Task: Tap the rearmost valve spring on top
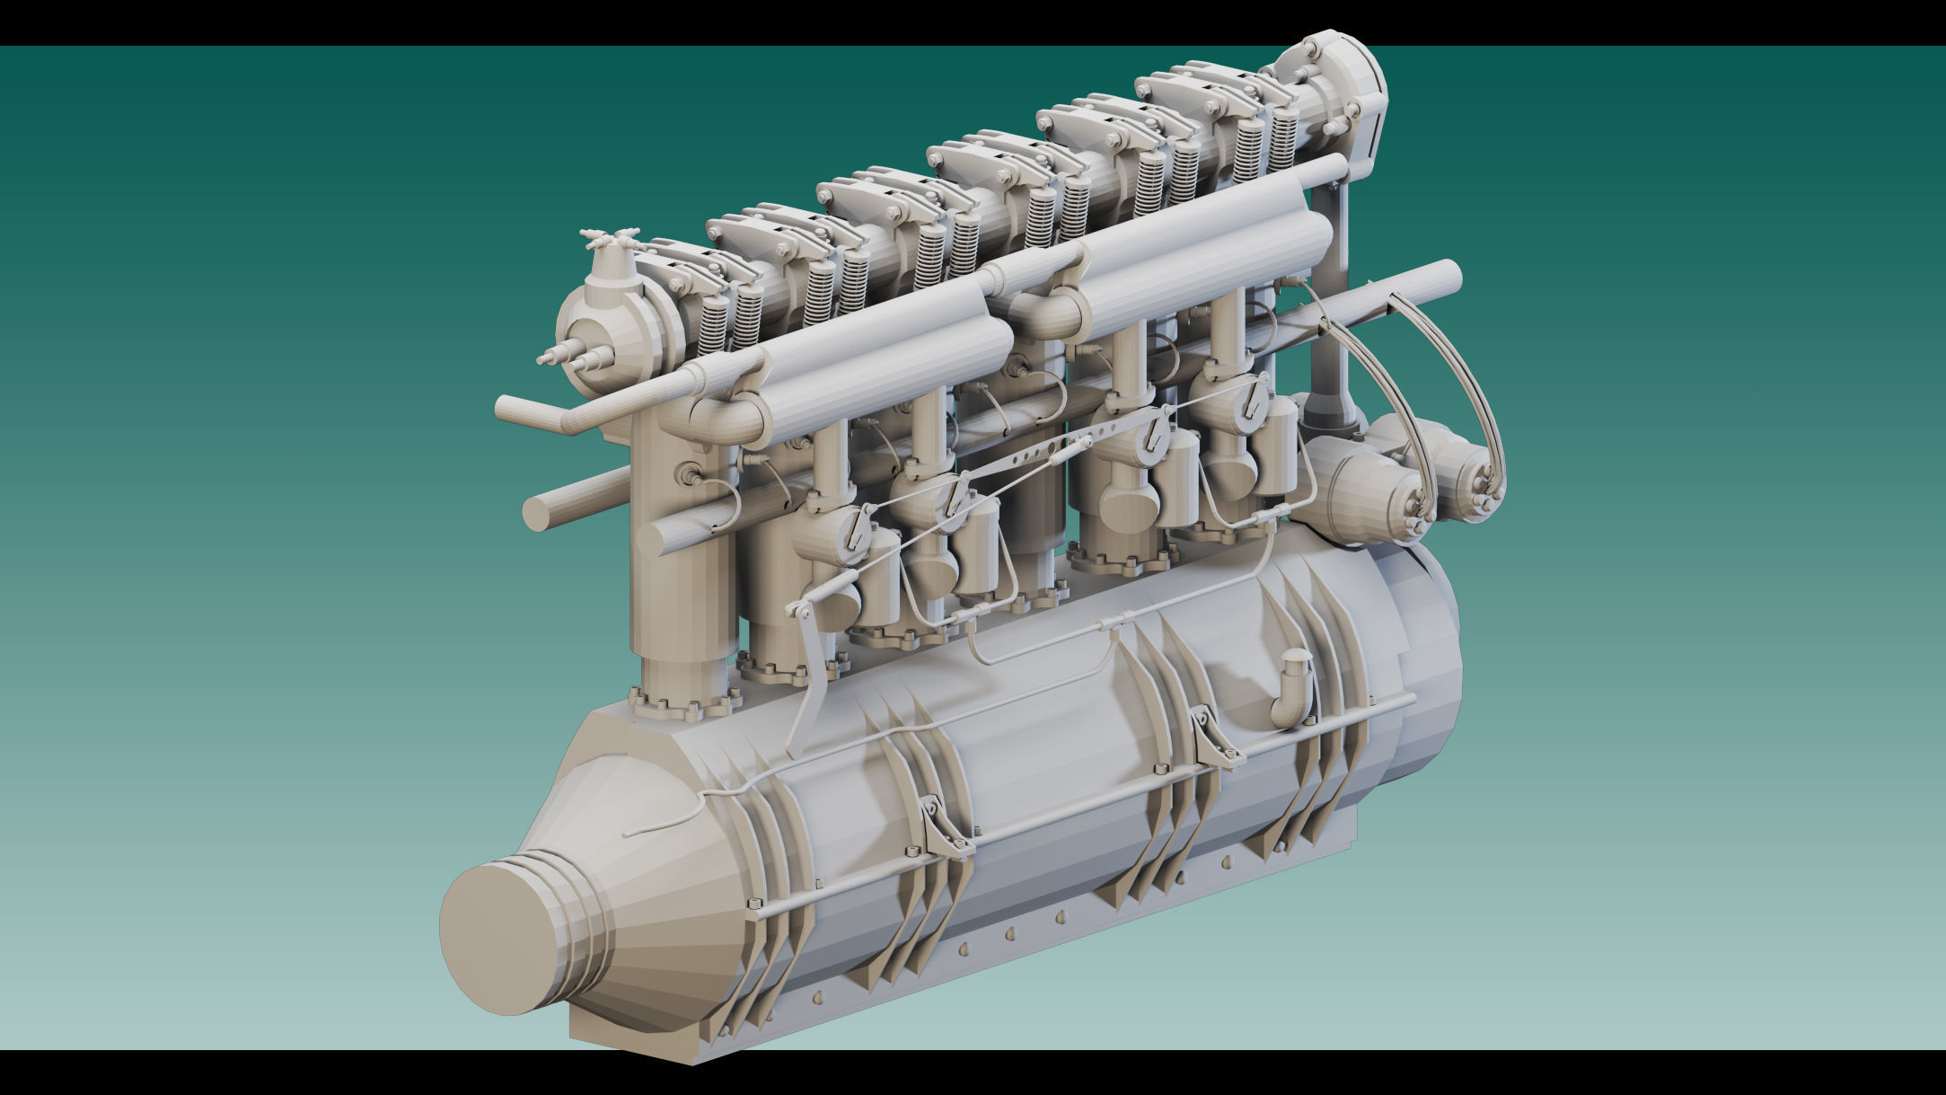(x=1285, y=144)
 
